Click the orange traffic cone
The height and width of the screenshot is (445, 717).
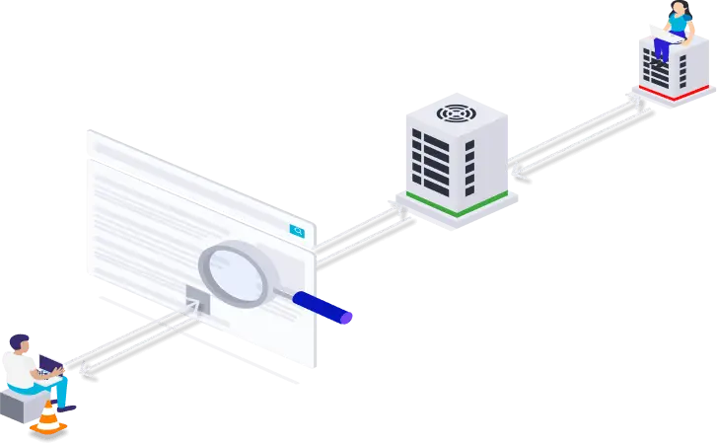(48, 418)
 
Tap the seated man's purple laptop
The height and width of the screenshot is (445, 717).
(49, 368)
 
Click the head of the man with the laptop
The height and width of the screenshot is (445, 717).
(20, 342)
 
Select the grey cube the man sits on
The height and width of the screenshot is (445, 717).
(20, 405)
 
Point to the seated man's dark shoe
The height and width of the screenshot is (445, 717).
(67, 406)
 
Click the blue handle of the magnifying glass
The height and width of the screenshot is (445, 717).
(318, 305)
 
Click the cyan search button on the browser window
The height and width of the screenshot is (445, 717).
(297, 231)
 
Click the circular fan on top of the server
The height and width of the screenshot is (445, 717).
(456, 112)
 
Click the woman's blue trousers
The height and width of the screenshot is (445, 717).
(663, 46)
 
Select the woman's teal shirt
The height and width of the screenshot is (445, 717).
(680, 24)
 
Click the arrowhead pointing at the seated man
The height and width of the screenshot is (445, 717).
(85, 370)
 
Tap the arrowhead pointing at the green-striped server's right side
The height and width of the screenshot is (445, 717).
(515, 171)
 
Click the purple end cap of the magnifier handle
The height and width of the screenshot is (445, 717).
(346, 318)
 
